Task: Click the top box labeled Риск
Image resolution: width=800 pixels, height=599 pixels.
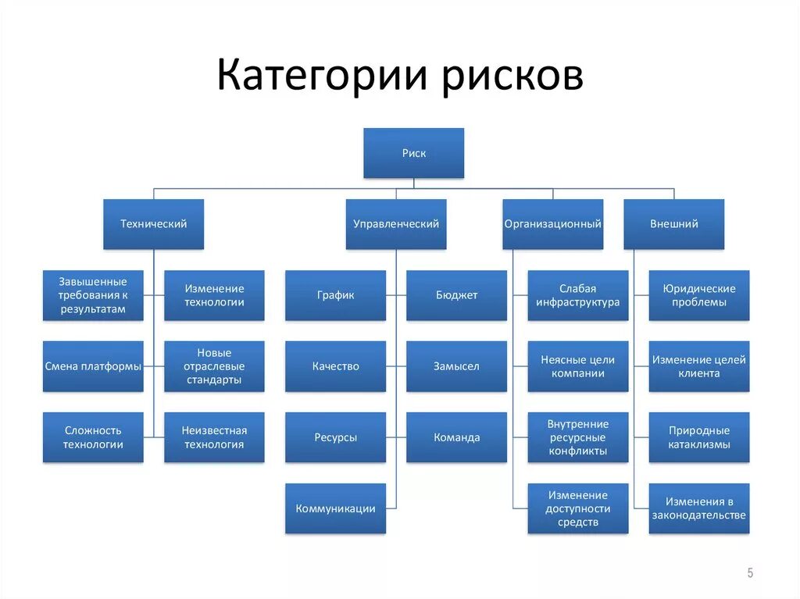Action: pyautogui.click(x=413, y=153)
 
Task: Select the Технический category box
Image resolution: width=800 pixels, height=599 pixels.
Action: pyautogui.click(x=153, y=224)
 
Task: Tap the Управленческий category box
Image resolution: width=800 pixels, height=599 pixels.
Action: pyautogui.click(x=396, y=224)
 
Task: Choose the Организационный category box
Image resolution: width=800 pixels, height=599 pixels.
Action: pyautogui.click(x=552, y=224)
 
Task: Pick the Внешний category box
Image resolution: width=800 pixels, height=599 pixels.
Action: pyautogui.click(x=673, y=224)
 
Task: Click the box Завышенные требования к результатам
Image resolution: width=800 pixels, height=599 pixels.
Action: pyautogui.click(x=93, y=295)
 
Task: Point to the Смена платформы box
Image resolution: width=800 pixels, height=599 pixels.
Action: pyautogui.click(x=93, y=366)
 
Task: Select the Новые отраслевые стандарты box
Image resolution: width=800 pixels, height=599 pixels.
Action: pyautogui.click(x=214, y=366)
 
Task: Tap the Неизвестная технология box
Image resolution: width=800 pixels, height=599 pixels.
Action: pyautogui.click(x=214, y=437)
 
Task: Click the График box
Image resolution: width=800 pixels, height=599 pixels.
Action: pyautogui.click(x=335, y=295)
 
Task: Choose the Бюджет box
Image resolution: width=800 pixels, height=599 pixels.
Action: pyautogui.click(x=456, y=295)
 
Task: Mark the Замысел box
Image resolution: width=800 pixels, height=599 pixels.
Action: pyautogui.click(x=456, y=366)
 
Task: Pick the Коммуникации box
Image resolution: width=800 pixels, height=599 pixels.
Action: pyautogui.click(x=335, y=508)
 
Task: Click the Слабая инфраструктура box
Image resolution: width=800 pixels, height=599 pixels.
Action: pyautogui.click(x=577, y=295)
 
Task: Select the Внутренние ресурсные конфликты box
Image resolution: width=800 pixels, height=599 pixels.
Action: pyautogui.click(x=577, y=437)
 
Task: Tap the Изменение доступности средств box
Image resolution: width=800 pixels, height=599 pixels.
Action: pyautogui.click(x=577, y=508)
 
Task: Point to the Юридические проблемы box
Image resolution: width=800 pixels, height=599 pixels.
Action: pyautogui.click(x=698, y=295)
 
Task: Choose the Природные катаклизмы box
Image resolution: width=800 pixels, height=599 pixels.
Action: pyautogui.click(x=698, y=437)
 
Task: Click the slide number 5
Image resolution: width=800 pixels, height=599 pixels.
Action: pyautogui.click(x=750, y=573)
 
